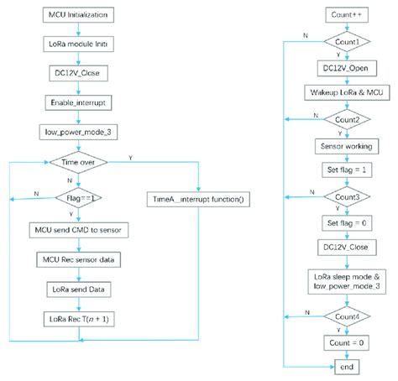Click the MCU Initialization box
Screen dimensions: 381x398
tap(79, 15)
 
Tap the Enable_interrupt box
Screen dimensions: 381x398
tap(79, 102)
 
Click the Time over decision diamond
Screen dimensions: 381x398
tap(79, 161)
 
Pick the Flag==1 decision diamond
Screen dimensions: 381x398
tap(79, 199)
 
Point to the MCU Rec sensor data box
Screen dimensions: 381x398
tap(79, 261)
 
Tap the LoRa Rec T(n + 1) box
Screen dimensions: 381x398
tap(79, 320)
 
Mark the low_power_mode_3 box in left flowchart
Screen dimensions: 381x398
tap(79, 132)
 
